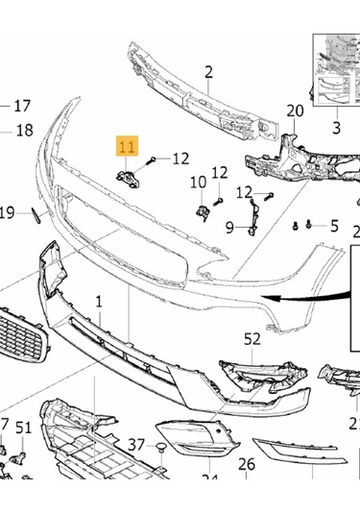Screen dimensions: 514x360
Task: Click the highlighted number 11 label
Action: tap(128, 147)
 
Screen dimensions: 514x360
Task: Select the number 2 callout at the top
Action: tap(207, 70)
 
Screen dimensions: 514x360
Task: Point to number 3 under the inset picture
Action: tap(337, 128)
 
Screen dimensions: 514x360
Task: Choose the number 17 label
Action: tap(21, 106)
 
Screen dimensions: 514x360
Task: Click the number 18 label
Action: tap(23, 131)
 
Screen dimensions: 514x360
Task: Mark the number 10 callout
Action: tap(197, 182)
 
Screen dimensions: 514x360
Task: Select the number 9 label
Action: tap(230, 228)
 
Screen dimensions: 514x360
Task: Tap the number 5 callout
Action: tap(334, 226)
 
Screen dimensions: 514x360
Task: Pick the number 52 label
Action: tap(252, 338)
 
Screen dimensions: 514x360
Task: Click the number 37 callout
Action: tap(136, 446)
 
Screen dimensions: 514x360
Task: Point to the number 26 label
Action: tap(247, 465)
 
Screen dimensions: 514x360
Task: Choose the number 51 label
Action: tap(23, 428)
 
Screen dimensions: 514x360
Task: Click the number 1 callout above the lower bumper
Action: tap(98, 302)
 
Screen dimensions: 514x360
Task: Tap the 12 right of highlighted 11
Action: tap(180, 159)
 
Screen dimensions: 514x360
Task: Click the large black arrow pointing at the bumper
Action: tap(288, 299)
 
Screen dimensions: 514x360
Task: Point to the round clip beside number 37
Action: tap(161, 447)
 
